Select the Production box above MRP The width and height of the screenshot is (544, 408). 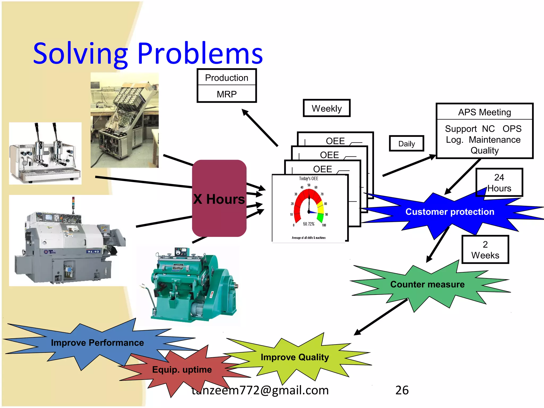click(x=227, y=78)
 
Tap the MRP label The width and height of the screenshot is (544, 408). click(x=227, y=94)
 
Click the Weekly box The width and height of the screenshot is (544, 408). click(x=326, y=108)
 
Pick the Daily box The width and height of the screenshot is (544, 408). click(x=406, y=144)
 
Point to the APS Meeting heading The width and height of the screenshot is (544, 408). click(x=484, y=112)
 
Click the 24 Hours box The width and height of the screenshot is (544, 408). click(x=499, y=182)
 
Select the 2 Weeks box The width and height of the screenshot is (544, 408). click(x=485, y=250)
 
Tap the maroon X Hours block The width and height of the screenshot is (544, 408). click(x=219, y=198)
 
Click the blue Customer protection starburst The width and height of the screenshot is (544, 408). click(x=449, y=212)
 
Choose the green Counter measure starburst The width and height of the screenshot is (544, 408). click(x=427, y=284)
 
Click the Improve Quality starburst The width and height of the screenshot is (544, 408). click(x=295, y=357)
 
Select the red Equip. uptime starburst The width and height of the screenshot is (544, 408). click(x=182, y=369)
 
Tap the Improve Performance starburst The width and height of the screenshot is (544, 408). click(x=97, y=343)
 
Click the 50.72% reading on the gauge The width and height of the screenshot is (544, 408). click(x=309, y=224)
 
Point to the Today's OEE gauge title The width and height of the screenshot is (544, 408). click(x=308, y=178)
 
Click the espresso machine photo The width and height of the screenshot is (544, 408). click(x=45, y=153)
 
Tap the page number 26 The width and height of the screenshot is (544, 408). click(x=402, y=390)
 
